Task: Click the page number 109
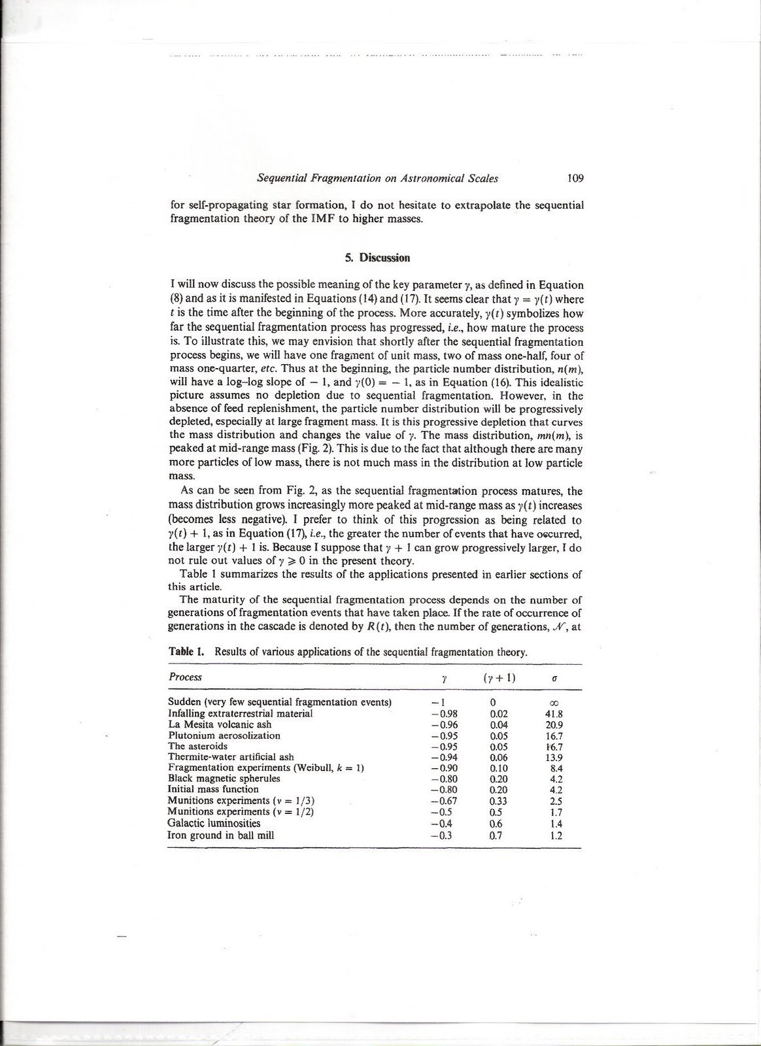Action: (x=575, y=178)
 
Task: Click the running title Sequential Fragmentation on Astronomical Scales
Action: (x=377, y=178)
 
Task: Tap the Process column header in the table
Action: (x=185, y=677)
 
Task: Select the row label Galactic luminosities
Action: (x=214, y=823)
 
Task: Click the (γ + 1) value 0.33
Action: (x=499, y=801)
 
